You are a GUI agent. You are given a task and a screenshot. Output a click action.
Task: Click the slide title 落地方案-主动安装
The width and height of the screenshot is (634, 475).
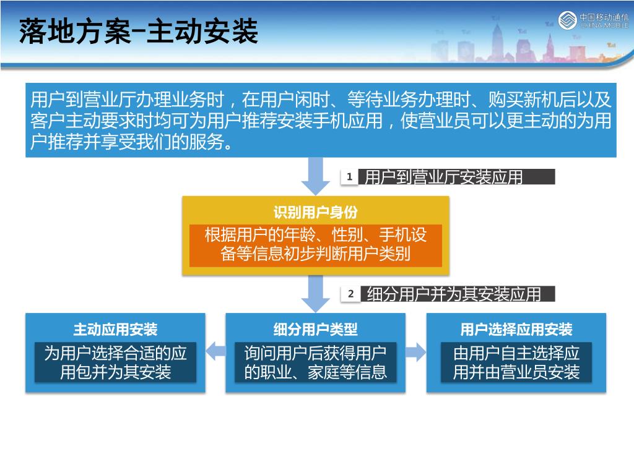click(138, 31)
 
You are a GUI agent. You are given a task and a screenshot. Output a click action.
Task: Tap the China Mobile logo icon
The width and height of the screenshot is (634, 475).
click(567, 20)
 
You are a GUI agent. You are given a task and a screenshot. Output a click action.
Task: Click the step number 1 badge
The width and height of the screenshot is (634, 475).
click(349, 177)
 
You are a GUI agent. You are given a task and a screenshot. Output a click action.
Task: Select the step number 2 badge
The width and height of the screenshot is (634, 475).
click(350, 294)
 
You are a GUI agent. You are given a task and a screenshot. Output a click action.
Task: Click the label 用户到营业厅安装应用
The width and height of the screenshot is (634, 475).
click(444, 178)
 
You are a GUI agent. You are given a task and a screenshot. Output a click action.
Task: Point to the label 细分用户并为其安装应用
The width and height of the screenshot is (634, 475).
click(454, 294)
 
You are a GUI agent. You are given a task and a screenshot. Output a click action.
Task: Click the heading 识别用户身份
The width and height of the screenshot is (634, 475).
click(315, 213)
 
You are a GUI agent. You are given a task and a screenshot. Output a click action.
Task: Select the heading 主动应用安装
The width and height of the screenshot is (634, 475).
click(115, 329)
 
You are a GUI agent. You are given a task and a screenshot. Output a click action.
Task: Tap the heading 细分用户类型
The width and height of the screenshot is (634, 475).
click(315, 329)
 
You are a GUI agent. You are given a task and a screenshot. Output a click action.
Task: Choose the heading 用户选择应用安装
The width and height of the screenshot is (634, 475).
click(516, 329)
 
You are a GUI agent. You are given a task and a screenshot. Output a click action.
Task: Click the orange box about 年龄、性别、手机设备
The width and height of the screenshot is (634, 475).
click(315, 245)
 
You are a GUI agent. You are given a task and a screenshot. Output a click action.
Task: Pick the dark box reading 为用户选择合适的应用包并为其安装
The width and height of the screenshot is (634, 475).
click(115, 362)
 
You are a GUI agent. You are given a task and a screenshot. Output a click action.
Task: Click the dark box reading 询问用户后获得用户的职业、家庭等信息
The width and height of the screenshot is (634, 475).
click(315, 362)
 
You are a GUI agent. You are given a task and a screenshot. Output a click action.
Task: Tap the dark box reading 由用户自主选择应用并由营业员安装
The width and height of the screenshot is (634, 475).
click(516, 362)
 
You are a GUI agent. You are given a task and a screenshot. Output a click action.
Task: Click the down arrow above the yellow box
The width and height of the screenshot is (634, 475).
click(315, 176)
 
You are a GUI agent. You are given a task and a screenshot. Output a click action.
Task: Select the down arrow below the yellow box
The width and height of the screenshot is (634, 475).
click(315, 293)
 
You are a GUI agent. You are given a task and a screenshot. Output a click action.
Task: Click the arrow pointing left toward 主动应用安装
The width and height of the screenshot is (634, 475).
click(215, 352)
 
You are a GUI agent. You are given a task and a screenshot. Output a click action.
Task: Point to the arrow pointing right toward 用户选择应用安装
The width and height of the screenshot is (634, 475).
click(416, 352)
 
